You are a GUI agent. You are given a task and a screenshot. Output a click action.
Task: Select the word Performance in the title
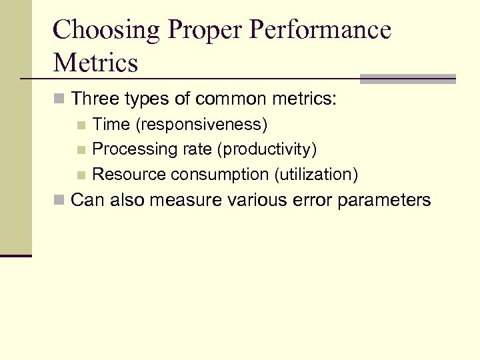click(313, 31)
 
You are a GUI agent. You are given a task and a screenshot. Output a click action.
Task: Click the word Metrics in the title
click(95, 63)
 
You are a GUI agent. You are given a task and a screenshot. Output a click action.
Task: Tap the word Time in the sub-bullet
click(111, 125)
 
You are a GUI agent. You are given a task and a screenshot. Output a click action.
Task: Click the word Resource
click(129, 175)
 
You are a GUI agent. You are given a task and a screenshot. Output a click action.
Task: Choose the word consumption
click(221, 175)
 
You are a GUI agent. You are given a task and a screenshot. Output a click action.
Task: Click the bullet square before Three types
click(59, 101)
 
